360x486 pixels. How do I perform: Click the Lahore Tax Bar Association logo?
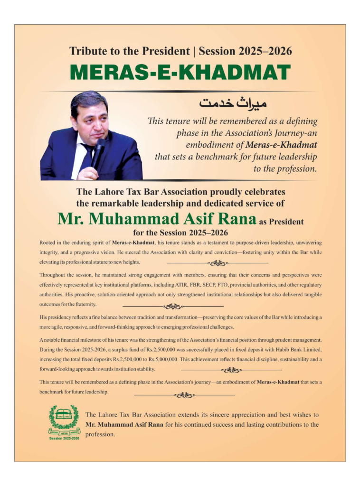tap(63, 420)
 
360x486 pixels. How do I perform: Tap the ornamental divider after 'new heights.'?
tap(218, 262)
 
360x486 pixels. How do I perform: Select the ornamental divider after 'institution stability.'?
tap(231, 370)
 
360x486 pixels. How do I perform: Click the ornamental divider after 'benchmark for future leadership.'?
tap(184, 394)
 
